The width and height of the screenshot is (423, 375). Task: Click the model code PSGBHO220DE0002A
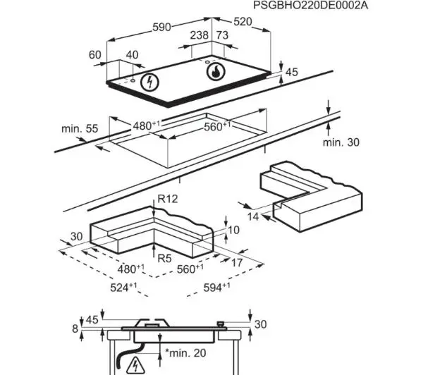310,5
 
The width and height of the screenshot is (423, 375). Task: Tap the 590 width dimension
162,27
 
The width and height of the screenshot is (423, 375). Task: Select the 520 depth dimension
243,22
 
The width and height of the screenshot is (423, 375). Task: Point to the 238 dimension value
199,35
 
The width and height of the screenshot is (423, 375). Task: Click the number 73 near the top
222,35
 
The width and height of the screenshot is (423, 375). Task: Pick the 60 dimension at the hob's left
95,55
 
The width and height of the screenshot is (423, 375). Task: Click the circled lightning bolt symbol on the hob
149,82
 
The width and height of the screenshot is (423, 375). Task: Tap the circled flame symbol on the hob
216,71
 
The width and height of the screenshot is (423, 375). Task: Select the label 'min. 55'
80,128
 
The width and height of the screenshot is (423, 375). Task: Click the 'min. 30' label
341,142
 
